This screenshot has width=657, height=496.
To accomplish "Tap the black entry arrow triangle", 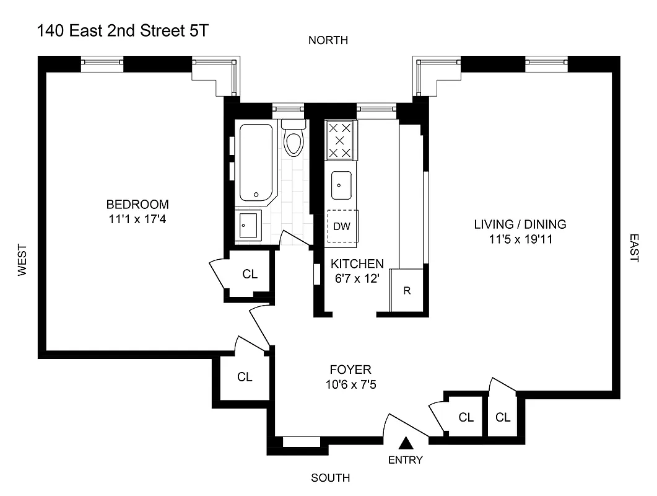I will tap(406, 443).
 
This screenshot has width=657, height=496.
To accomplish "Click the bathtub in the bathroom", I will tap(256, 162).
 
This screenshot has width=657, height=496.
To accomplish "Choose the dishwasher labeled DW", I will tap(342, 226).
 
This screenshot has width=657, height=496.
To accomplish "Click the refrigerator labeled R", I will tap(407, 290).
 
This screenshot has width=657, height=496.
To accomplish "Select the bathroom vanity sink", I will tap(248, 225).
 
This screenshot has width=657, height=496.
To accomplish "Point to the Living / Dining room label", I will tap(520, 224).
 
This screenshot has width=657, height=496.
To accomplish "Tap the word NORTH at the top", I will tap(328, 40).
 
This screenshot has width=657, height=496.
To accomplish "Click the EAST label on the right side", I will tap(633, 248).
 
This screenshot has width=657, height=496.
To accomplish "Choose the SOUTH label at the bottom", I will tap(330, 478).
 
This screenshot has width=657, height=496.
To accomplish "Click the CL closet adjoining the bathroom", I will tap(250, 273).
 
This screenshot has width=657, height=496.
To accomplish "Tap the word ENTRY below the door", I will tap(406, 460).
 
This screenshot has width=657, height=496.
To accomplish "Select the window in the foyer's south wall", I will tap(302, 441).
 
